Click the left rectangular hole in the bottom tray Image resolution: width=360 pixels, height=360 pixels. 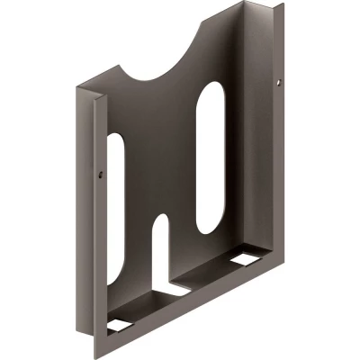[117, 320]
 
